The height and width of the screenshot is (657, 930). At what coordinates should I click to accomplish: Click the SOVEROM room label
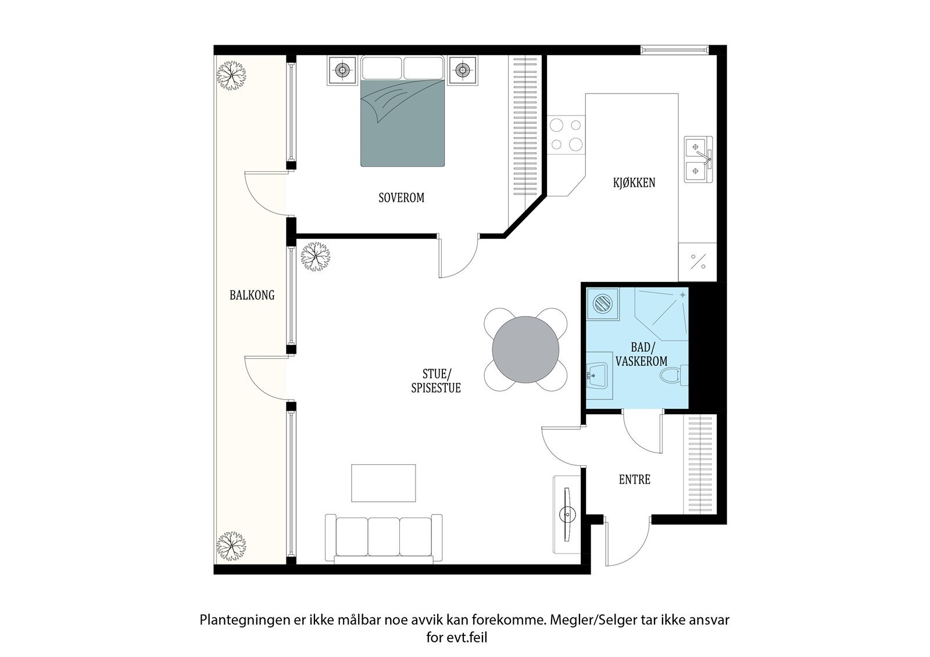pyautogui.click(x=401, y=198)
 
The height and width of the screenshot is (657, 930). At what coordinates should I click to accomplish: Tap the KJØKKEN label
pyautogui.click(x=634, y=182)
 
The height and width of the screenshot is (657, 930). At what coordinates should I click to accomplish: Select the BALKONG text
pyautogui.click(x=252, y=295)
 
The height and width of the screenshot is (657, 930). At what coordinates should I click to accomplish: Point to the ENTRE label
pyautogui.click(x=634, y=480)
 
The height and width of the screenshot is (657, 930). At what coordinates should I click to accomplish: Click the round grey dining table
pyautogui.click(x=525, y=350)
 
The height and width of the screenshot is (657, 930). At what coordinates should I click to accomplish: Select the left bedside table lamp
pyautogui.click(x=342, y=71)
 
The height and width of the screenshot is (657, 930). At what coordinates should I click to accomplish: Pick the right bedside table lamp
pyautogui.click(x=462, y=71)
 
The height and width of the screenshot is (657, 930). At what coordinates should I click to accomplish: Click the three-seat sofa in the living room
pyautogui.click(x=384, y=538)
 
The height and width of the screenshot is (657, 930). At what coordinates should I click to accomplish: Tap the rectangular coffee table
pyautogui.click(x=383, y=483)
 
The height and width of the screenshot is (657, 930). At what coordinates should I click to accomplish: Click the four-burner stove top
pyautogui.click(x=566, y=134)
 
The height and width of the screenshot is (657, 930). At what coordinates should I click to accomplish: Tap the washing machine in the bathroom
pyautogui.click(x=603, y=303)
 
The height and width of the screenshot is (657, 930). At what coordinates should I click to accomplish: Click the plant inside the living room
pyautogui.click(x=315, y=256)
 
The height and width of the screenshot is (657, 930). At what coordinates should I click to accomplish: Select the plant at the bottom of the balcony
pyautogui.click(x=231, y=545)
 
